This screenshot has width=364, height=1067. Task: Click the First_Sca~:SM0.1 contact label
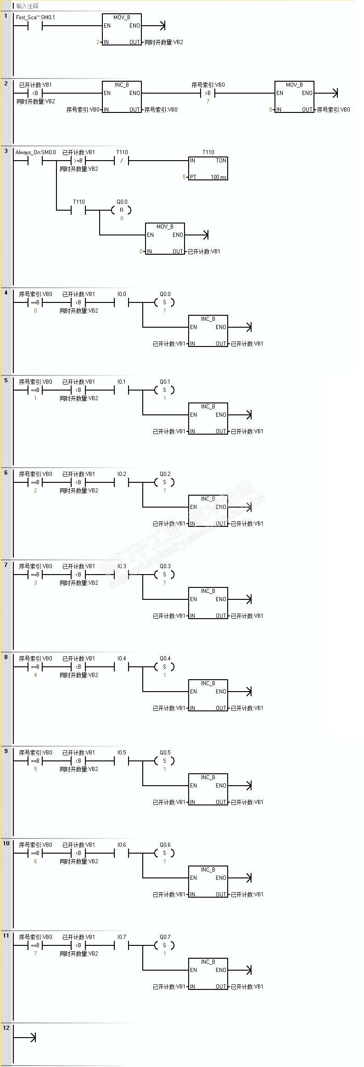[x=35, y=17]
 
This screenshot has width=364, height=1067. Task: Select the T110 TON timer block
[x=208, y=168]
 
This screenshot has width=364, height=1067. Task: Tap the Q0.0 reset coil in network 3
[x=121, y=210]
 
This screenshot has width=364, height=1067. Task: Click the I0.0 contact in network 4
[x=121, y=302]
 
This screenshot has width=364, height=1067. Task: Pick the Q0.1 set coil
[x=164, y=390]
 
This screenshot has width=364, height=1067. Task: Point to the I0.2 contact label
[x=121, y=474]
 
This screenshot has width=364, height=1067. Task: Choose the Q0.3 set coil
[x=164, y=575]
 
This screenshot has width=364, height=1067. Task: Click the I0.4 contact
[x=121, y=667]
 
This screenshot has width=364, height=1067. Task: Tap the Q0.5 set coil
[x=164, y=761]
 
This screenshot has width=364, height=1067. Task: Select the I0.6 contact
[x=121, y=853]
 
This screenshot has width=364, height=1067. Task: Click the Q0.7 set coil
[x=164, y=945]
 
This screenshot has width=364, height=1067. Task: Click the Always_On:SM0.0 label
[x=36, y=152]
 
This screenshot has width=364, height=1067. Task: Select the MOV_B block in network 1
[x=122, y=29]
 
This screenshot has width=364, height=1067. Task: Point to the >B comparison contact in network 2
[x=207, y=93]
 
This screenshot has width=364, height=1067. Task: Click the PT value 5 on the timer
[x=184, y=177]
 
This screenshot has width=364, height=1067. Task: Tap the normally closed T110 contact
[x=121, y=161]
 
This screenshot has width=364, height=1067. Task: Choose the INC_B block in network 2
[x=122, y=97]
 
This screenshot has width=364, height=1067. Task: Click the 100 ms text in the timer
[x=218, y=177]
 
